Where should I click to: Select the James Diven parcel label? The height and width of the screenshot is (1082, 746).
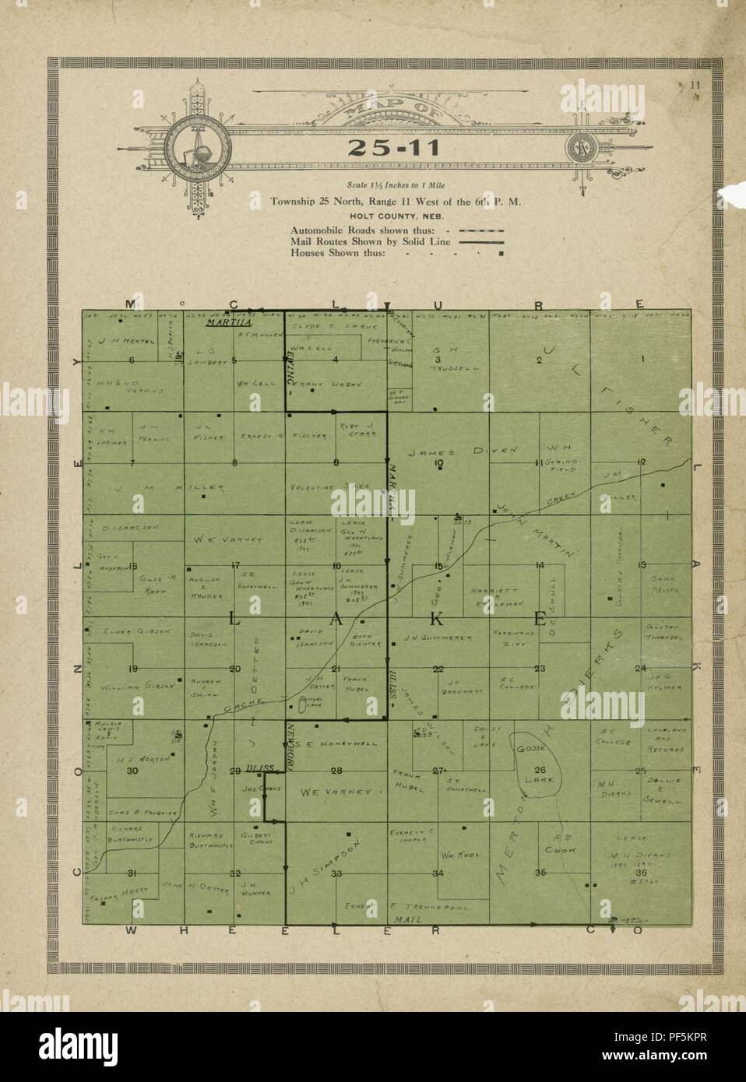click(x=442, y=451)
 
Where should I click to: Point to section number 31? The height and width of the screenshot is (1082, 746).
click(x=132, y=873)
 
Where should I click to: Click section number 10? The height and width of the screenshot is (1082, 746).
click(x=438, y=464)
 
